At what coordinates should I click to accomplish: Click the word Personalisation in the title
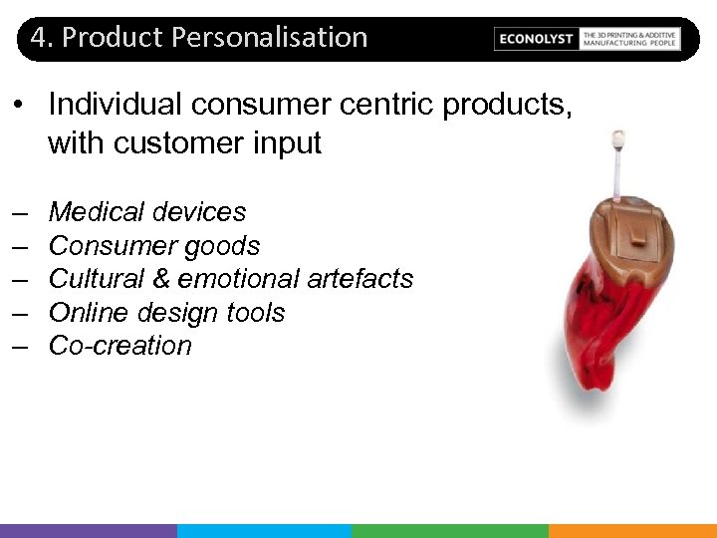click(270, 38)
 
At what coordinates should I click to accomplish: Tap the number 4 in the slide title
click(38, 38)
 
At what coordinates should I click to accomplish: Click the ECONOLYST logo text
click(536, 39)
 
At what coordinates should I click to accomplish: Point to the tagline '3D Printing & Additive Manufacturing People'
click(629, 39)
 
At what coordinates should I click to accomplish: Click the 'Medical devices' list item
click(146, 212)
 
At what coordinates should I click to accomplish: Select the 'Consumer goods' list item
click(153, 246)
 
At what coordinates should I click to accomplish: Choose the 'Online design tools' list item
click(166, 313)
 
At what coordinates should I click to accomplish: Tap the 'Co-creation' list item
click(119, 346)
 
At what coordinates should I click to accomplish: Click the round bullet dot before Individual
click(21, 106)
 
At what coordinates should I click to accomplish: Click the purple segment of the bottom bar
click(89, 531)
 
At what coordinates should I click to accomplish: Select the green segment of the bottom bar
click(449, 531)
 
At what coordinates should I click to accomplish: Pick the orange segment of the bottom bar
click(632, 531)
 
